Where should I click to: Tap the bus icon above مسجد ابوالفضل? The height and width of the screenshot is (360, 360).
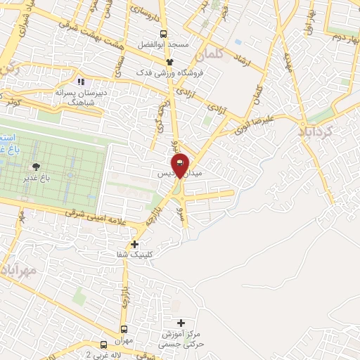click(x=164, y=33)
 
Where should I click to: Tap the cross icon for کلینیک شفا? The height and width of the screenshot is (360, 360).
click(x=136, y=245)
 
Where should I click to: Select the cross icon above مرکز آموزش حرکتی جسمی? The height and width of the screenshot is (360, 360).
click(x=181, y=323)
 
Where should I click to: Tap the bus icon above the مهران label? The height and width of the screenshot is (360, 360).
click(x=124, y=329)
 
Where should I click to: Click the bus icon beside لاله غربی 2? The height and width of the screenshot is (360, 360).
click(x=103, y=345)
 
